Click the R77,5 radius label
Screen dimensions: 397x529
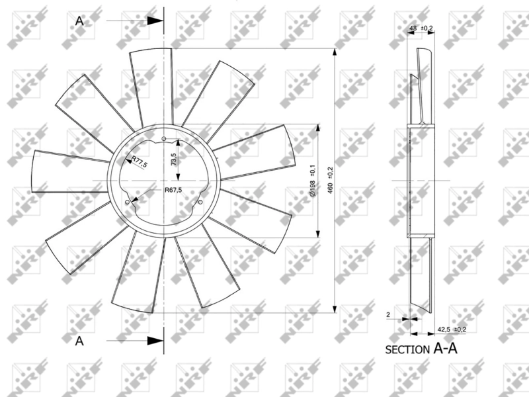pos(139,161)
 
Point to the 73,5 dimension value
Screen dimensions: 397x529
pos(173,159)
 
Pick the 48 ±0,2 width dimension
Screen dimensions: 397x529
pos(421,28)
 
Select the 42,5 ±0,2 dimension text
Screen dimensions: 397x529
pos(452,329)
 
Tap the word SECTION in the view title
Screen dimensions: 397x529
pos(407,350)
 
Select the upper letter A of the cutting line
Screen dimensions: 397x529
pos(80,21)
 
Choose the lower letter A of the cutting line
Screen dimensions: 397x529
pos(80,341)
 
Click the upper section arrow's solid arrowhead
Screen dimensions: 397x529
pos(155,21)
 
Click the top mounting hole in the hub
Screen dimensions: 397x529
pos(163,138)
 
